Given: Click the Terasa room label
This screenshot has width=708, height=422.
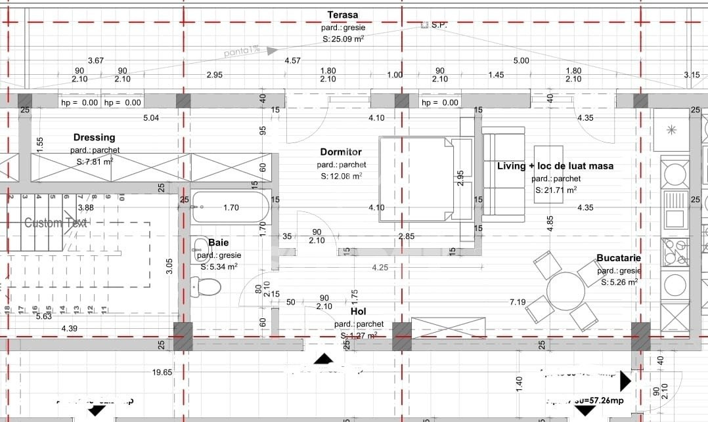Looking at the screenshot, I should point(343,14).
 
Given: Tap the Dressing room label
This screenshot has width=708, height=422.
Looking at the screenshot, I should point(94,137).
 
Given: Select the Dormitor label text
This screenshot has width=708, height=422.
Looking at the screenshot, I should point(341,152).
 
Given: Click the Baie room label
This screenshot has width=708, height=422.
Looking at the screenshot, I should point(219,243).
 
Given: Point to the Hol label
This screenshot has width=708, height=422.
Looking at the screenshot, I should point(359,312).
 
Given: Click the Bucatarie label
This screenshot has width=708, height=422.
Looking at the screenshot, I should point(618,259).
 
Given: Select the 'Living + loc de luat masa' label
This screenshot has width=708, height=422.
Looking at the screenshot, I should point(555,166).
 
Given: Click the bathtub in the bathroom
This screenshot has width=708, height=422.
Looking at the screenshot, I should point(230,208).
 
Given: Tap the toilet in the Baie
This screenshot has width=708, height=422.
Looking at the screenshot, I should point(206,286).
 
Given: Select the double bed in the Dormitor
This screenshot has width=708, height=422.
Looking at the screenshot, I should point(425,179).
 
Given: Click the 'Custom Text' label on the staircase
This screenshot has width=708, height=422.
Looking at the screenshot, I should point(56,222).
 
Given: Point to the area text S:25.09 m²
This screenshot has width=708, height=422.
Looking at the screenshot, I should point(343,39).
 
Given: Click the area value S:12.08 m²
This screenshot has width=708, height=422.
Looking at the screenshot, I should point(341,176).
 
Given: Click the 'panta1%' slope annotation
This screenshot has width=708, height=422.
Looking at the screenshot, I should point(242,49).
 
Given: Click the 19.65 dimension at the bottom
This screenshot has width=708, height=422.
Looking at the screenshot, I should point(162,372).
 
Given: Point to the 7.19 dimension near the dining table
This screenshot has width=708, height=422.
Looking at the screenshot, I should point(518,302).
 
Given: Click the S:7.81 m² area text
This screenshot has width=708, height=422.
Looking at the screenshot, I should point(94,161).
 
